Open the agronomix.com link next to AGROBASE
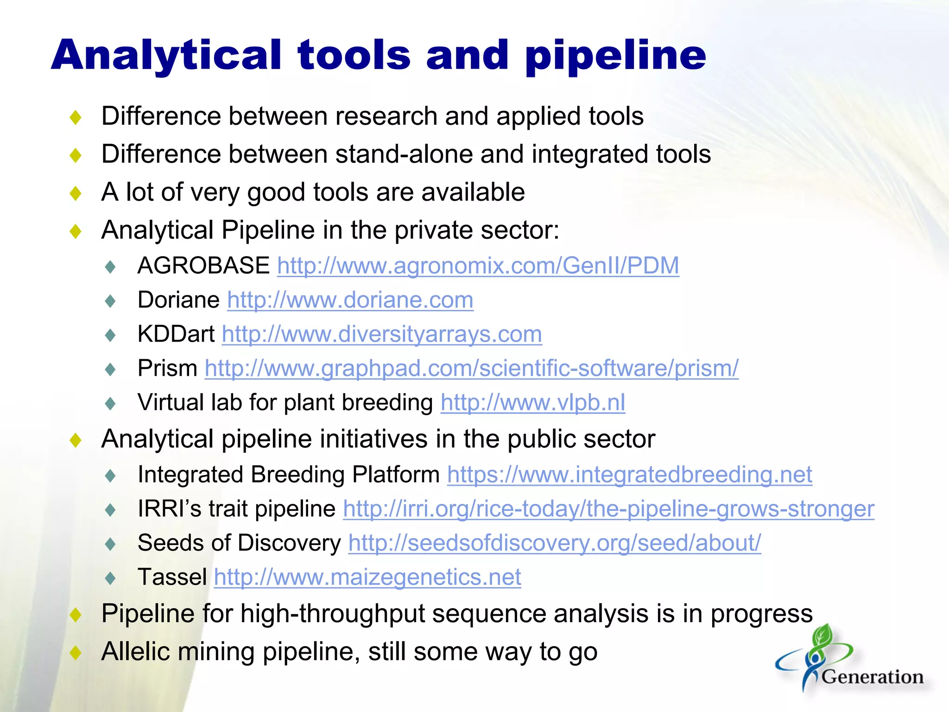[x=478, y=266]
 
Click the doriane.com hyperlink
[x=350, y=300]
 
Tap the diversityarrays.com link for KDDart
[x=381, y=335]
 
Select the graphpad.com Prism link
[x=471, y=369]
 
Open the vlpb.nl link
[x=532, y=403]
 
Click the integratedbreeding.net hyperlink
[x=629, y=475]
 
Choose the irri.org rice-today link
[x=608, y=509]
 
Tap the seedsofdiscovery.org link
[x=554, y=543]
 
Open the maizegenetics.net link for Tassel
[x=367, y=578]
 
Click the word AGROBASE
[x=203, y=266]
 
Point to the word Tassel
[x=172, y=578]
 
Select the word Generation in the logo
[x=872, y=677]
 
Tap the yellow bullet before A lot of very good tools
[x=76, y=193]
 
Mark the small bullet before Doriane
[x=110, y=301]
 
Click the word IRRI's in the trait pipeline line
[x=169, y=509]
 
